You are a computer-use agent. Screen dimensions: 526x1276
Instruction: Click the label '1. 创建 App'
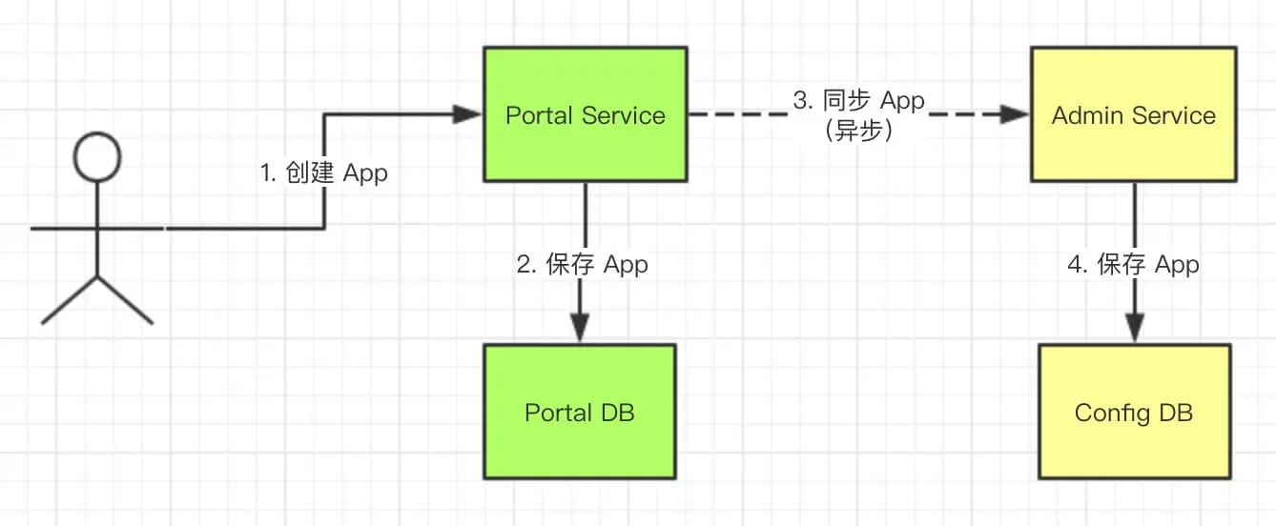point(324,173)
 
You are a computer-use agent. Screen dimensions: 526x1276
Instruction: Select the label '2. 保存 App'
point(583,265)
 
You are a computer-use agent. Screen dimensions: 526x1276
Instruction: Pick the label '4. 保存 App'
point(1134,265)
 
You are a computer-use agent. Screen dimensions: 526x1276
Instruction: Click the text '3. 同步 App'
point(859,101)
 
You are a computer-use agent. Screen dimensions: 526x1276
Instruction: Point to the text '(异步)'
point(859,131)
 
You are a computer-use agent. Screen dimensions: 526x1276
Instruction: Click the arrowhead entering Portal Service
point(467,115)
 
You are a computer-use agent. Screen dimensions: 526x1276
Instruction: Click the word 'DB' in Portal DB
point(618,413)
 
